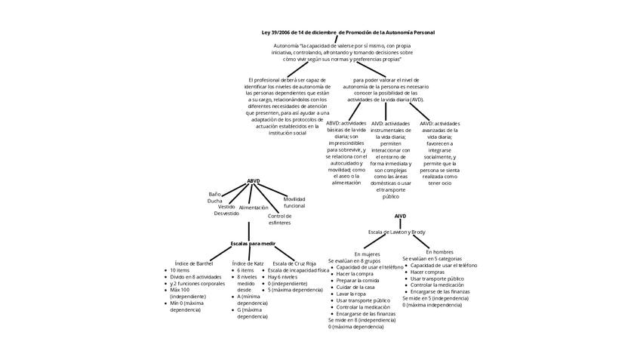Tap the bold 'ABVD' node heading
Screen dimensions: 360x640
coord(254,181)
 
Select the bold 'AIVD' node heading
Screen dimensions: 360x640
coord(400,217)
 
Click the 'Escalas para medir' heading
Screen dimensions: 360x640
coord(253,244)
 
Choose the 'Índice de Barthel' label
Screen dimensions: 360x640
coord(194,263)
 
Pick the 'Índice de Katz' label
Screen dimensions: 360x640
coord(248,263)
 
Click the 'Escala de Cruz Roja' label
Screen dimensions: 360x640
coord(294,263)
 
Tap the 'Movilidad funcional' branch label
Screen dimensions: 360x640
coord(294,202)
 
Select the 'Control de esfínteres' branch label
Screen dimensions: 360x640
coord(279,220)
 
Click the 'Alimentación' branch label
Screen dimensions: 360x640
coord(254,208)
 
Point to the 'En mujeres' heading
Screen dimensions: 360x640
coord(367,254)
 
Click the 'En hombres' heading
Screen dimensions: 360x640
coord(440,251)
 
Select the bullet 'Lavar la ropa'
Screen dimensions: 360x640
coord(352,294)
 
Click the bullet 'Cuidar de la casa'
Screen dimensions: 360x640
coord(355,287)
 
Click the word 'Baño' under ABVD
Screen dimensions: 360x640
coord(215,194)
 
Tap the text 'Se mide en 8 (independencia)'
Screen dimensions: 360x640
coord(362,321)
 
